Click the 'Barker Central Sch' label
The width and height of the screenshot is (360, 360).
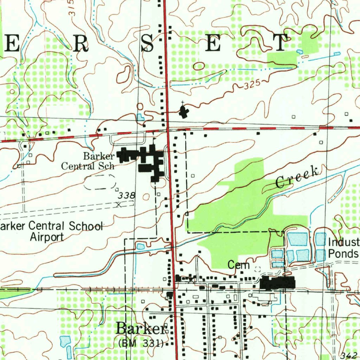pyautogui.click(x=88, y=161)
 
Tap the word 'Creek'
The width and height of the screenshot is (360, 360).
pyautogui.click(x=297, y=177)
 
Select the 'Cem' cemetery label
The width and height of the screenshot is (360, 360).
pyautogui.click(x=238, y=265)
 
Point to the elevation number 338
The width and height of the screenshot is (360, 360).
pyautogui.click(x=127, y=195)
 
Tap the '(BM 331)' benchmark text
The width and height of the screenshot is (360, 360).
pyautogui.click(x=141, y=343)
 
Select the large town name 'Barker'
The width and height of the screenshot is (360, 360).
pyautogui.click(x=141, y=329)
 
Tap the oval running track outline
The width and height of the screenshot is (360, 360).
pyautogui.click(x=100, y=181)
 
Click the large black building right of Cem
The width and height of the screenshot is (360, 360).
pyautogui.click(x=278, y=283)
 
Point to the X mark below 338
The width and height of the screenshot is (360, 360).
pyautogui.click(x=119, y=204)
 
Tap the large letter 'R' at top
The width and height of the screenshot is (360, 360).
pyautogui.click(x=79, y=43)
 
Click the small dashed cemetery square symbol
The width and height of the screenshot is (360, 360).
pyautogui.click(x=257, y=269)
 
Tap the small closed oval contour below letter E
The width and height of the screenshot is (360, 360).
pyautogui.click(x=199, y=66)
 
